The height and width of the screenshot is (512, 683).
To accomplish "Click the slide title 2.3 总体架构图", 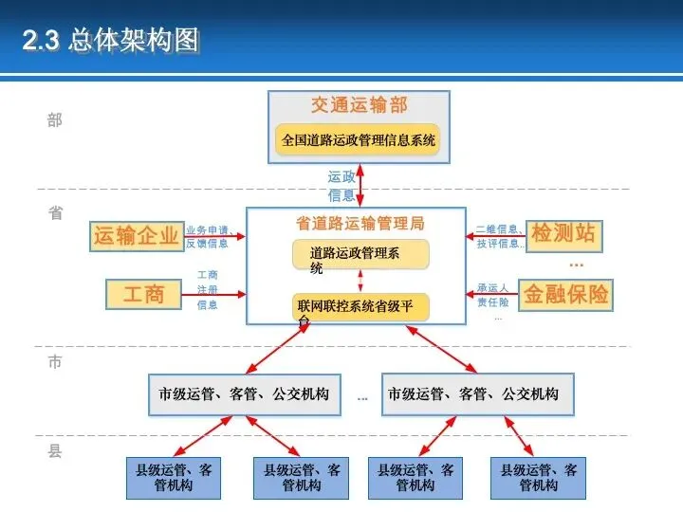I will point(112,41).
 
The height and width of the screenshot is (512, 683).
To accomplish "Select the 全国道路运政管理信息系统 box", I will point(359,141).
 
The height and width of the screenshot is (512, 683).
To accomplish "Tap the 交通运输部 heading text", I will point(359,104).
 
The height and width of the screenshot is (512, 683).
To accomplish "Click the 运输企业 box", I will point(136,235).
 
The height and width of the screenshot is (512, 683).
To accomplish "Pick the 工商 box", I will point(143,294).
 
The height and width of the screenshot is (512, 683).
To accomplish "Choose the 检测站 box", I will point(563,233).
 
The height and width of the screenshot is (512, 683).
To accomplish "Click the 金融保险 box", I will point(565,294).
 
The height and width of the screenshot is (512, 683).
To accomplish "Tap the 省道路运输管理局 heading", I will point(360,224).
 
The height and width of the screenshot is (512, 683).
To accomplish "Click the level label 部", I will point(55,120).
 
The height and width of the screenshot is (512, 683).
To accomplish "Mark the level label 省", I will point(55,213).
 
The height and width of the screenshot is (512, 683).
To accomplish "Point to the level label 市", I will point(55,361).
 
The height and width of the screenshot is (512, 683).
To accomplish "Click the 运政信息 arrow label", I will point(341,186).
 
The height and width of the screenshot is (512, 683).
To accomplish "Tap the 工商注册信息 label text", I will point(207,290).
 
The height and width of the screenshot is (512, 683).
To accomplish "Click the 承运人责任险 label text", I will point(493,295).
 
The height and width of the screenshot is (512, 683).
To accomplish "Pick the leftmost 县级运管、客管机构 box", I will point(174,478).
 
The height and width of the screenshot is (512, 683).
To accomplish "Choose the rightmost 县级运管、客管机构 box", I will point(539,478).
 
